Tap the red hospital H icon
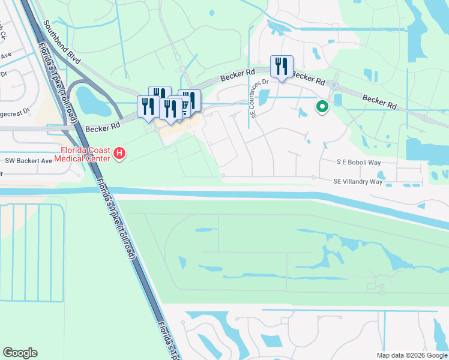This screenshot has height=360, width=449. point(119,154)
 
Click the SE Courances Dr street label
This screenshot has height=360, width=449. point(255,98)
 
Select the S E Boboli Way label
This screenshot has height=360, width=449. point(359,162)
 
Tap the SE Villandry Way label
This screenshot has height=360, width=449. point(358,181)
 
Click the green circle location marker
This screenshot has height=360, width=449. point(322,107)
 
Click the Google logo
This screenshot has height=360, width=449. point(20,353)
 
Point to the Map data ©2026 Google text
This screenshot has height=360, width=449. point(411,355)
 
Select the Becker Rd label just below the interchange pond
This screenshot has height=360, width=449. point(103,128)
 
